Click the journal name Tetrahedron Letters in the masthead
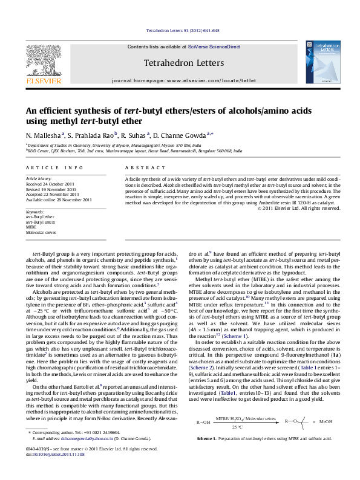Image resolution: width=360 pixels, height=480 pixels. [183, 63]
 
